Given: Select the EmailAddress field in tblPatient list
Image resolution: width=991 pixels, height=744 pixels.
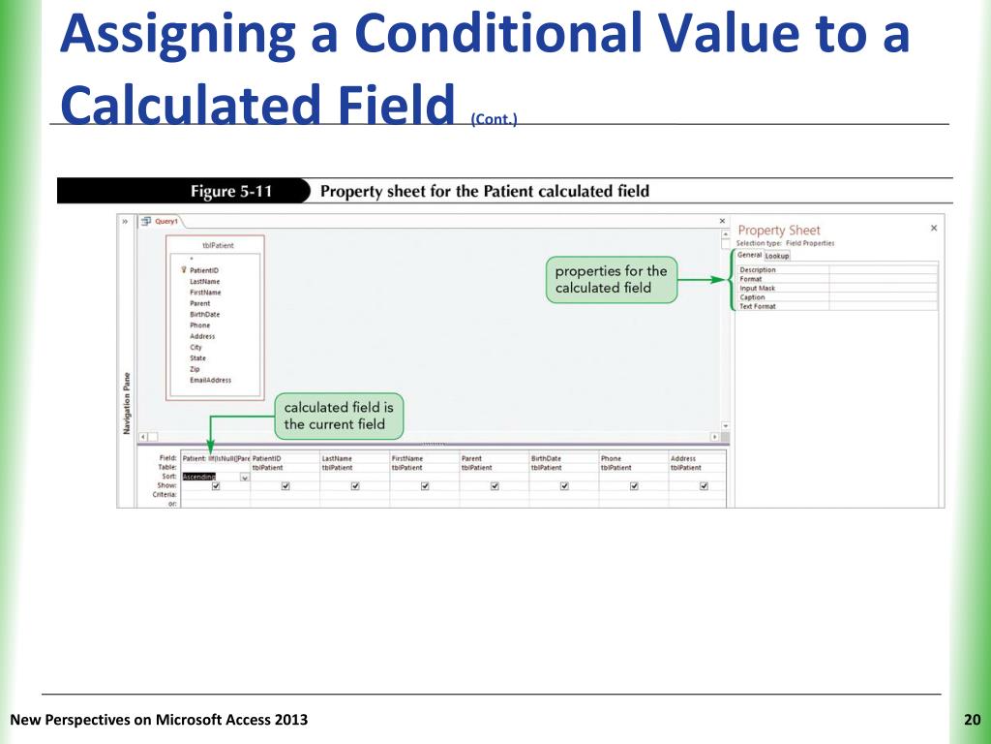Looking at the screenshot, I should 210,381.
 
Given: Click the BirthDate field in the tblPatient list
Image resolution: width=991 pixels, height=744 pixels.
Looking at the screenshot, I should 204,315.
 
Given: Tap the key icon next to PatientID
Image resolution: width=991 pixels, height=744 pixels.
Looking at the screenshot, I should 183,270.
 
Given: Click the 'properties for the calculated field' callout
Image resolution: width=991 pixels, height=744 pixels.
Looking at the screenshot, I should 611,279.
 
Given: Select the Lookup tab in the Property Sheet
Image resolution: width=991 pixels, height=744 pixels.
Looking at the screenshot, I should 777,256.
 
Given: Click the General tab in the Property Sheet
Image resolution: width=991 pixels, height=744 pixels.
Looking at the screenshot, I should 749,256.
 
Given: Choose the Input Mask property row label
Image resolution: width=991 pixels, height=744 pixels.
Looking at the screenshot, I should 757,288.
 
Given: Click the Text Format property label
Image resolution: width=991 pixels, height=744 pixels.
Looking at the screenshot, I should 758,306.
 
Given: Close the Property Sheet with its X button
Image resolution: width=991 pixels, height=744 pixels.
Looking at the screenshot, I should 933,229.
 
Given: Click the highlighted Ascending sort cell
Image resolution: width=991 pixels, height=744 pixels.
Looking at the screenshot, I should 199,477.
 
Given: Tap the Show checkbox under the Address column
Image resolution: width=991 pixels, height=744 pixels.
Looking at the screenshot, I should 704,486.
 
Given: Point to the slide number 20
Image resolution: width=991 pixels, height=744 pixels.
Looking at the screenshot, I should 972,719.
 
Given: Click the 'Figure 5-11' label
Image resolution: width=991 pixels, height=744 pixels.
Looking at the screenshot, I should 230,191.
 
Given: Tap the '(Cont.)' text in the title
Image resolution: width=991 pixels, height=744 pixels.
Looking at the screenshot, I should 494,119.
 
